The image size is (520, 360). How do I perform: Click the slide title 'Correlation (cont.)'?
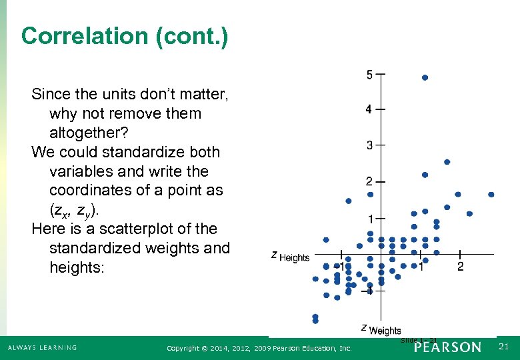[x=125, y=36]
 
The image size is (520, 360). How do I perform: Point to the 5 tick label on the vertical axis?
[x=369, y=75]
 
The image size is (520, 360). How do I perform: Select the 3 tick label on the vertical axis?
[x=369, y=145]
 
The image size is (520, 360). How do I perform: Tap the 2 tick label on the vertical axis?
[x=369, y=181]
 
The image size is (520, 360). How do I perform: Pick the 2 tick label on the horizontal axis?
[x=461, y=267]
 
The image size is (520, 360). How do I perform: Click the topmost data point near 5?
[x=425, y=77]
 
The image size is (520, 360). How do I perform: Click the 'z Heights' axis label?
[x=291, y=256]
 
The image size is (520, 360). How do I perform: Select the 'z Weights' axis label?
[x=381, y=329]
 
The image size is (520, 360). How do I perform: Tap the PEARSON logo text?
[x=447, y=347]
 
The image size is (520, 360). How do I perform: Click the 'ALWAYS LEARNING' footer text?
[x=42, y=347]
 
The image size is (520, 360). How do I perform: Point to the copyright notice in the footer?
[x=259, y=348]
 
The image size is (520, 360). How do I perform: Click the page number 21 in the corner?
[x=504, y=347]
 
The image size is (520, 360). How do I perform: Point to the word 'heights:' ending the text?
[x=77, y=267]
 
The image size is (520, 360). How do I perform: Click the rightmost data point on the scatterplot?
[x=491, y=194]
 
